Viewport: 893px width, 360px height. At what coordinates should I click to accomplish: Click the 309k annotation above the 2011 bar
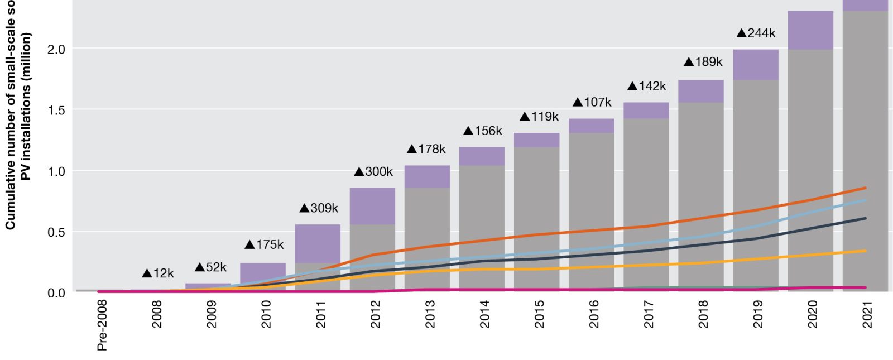pos(319,208)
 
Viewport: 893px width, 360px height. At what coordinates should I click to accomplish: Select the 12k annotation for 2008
pos(159,273)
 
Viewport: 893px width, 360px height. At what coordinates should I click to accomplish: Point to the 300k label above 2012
pos(374,172)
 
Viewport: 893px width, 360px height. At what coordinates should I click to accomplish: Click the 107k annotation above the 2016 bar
pos(592,102)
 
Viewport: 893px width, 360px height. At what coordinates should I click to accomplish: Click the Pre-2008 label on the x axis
pos(102,325)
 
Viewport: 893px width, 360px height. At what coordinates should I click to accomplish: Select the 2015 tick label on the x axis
pos(539,314)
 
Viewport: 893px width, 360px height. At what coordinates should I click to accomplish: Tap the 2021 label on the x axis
pos(867,314)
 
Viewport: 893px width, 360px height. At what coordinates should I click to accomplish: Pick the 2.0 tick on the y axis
pos(56,50)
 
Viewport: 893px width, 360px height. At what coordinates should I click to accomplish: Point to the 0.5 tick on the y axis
pos(56,232)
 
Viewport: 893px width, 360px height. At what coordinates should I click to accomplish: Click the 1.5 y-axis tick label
pos(56,111)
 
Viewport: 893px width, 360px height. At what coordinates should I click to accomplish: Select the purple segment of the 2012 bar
pos(372,206)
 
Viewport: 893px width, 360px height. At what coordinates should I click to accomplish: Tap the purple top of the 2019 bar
pos(756,64)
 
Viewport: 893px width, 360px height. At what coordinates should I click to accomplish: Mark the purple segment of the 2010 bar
pos(262,270)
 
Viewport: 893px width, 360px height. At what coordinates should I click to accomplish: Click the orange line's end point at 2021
pos(865,188)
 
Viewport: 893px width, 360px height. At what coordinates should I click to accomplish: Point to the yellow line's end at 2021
pos(865,251)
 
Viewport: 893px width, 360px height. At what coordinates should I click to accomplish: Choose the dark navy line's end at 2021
pos(865,218)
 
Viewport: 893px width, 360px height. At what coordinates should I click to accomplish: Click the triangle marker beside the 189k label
pos(689,62)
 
